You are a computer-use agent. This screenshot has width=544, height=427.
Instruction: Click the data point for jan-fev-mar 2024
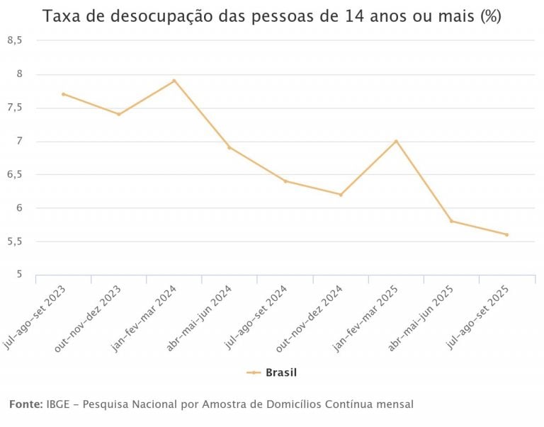point(174,81)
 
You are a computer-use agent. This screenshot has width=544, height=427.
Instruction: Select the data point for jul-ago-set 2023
point(63,94)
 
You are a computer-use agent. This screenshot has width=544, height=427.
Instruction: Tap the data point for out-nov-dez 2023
point(119,114)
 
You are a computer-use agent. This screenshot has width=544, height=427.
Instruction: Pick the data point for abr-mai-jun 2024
point(229,147)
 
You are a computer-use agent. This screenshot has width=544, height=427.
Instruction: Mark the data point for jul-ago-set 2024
point(285,181)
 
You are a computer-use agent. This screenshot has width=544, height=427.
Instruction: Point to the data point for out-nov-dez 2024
point(341,194)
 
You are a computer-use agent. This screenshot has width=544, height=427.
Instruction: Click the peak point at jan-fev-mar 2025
point(396,141)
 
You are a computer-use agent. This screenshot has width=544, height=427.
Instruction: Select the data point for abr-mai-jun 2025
point(451,221)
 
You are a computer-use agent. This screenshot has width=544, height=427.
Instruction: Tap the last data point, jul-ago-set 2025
point(506,234)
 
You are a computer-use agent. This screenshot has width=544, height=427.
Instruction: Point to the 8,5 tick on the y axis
point(15,41)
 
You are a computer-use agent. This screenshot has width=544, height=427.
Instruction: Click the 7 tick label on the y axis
point(20,141)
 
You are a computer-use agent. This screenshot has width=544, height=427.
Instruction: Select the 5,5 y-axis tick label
point(15,241)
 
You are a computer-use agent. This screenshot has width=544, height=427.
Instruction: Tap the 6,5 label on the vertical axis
point(15,175)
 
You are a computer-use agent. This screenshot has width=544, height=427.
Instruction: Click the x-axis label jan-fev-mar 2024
point(146,317)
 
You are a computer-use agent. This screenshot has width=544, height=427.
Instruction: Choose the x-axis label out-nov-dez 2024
point(312,317)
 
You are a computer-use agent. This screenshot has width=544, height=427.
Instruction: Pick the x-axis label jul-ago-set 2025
point(479,317)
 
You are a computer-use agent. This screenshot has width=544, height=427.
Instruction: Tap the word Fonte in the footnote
point(25,404)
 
